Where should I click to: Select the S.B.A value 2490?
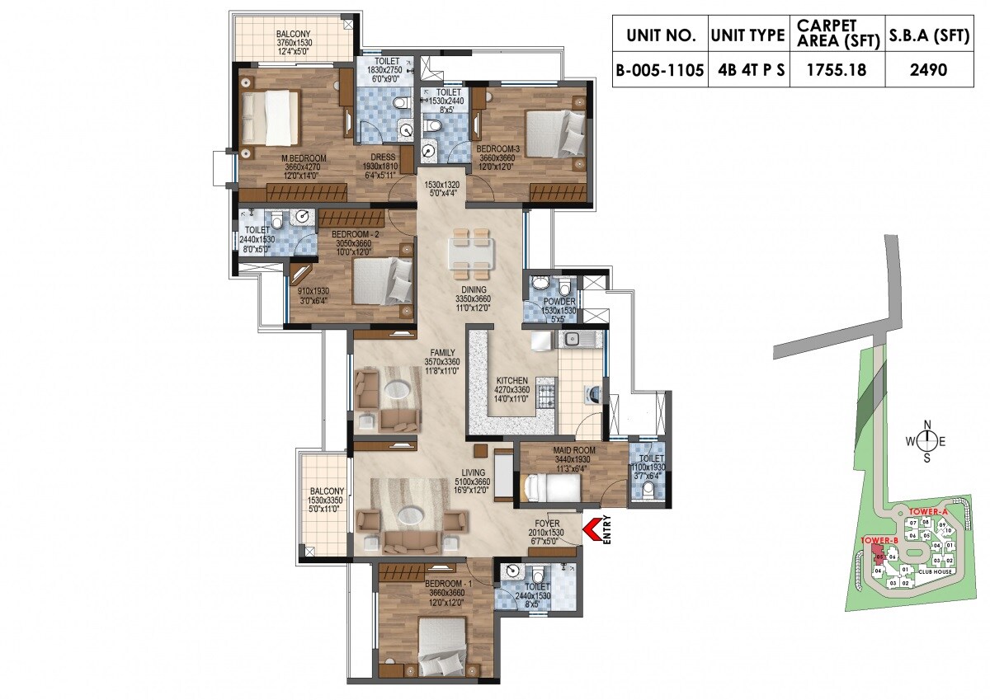[x=928, y=70]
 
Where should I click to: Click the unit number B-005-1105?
[x=659, y=70]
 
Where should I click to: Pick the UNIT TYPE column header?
[x=747, y=36]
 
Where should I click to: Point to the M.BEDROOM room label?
[x=280, y=157]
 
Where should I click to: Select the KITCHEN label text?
[x=511, y=381]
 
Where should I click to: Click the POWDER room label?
[x=559, y=302]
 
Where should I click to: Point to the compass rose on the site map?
[x=926, y=441]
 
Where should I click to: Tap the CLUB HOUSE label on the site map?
[x=938, y=571]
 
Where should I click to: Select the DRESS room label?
[x=381, y=157]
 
